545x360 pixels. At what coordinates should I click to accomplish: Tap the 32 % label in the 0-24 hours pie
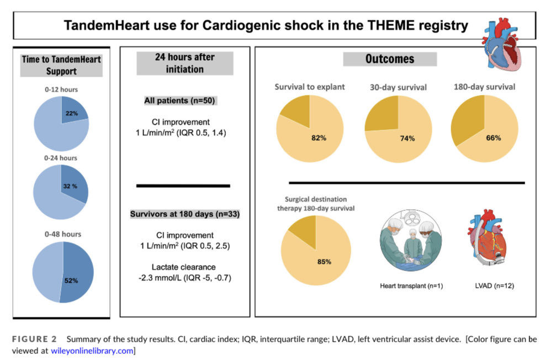tap(70, 186)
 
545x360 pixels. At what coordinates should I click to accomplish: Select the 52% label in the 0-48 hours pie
tap(71, 280)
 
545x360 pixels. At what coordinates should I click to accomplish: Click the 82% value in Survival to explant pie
tap(319, 137)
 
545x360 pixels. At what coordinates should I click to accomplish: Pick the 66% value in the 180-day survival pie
tap(493, 137)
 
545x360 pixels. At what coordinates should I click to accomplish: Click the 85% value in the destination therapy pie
tap(323, 261)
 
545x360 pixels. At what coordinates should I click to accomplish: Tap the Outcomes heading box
tap(390, 59)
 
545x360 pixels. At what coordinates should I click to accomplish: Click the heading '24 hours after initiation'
tap(184, 63)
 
